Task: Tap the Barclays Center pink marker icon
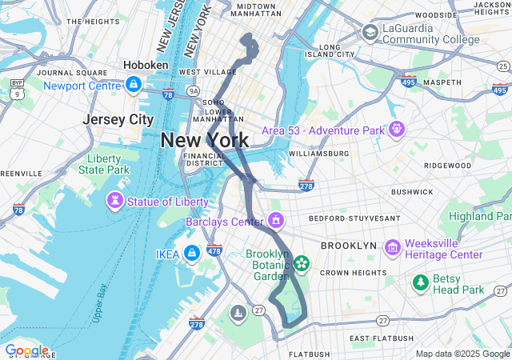coord(277,220)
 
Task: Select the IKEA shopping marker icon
coord(191,254)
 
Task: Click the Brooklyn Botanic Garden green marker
coord(302,262)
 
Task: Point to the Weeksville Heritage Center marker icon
coord(392,248)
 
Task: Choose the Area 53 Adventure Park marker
coord(396,130)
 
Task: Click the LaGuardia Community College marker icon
coord(370,32)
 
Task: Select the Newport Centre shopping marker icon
coord(133,84)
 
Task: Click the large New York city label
coord(204,140)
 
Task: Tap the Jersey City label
coord(118,119)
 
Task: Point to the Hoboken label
coord(146,65)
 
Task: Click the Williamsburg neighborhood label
coord(318,153)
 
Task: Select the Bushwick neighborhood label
coord(412,192)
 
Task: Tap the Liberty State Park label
coord(104,164)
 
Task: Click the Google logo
coord(26,350)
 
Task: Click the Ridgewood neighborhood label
coord(448,165)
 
